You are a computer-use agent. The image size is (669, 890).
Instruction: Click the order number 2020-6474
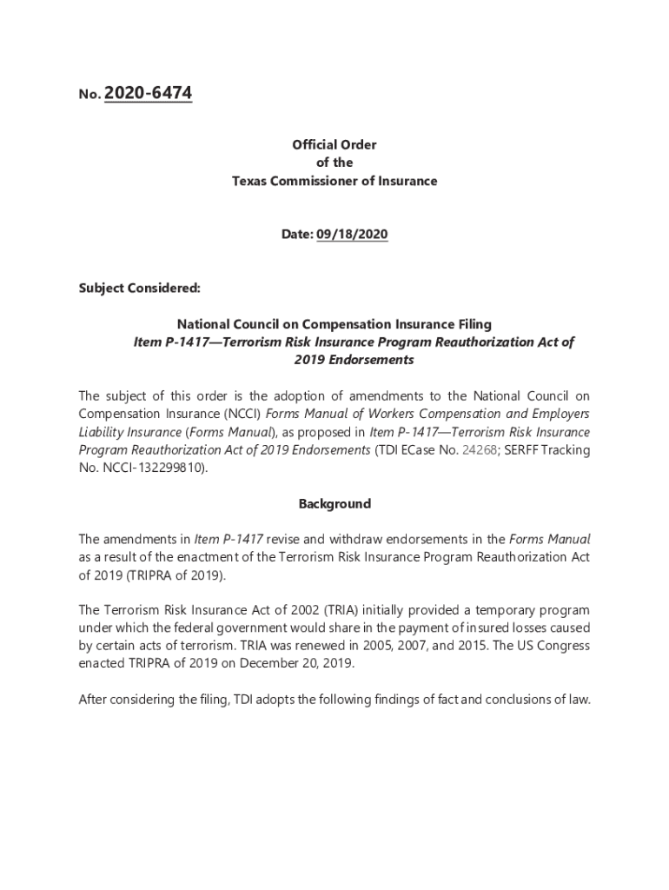148,93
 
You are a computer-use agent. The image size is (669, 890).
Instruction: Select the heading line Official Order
334,144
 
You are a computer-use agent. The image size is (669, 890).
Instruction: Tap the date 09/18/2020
352,235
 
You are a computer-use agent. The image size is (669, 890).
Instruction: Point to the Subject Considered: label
128,288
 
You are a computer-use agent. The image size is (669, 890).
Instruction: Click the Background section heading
334,504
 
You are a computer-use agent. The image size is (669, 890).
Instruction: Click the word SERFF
527,449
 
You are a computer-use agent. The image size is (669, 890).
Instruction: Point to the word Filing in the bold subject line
469,324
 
